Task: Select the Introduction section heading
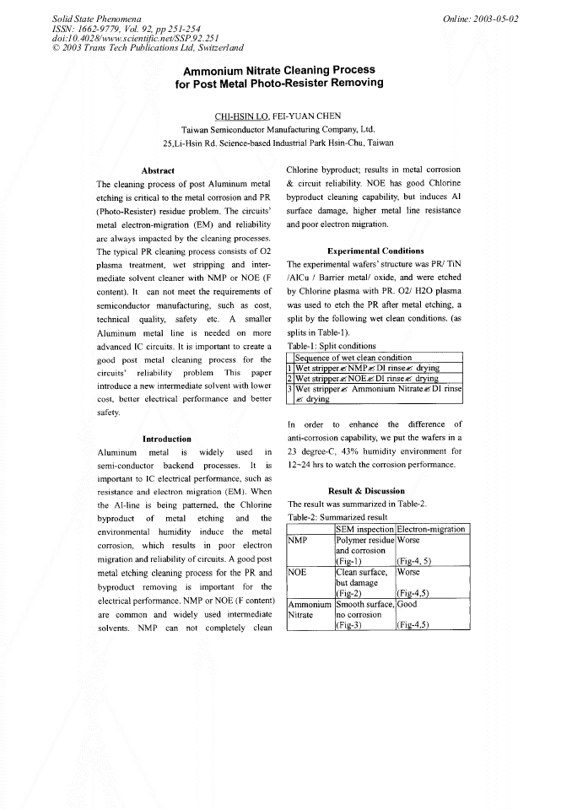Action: coord(166,439)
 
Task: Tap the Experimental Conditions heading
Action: coord(375,251)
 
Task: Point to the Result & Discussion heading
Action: coord(366,490)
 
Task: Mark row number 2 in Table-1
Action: coord(290,378)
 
